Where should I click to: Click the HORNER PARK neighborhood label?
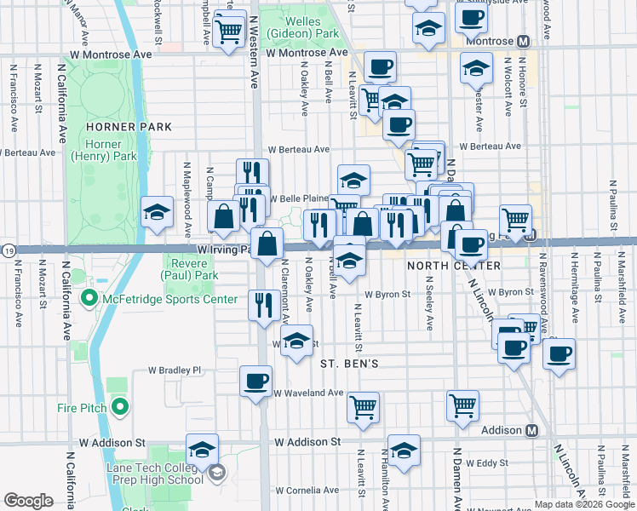(x=129, y=127)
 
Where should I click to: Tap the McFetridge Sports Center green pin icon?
(x=88, y=299)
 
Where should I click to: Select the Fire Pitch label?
(x=82, y=408)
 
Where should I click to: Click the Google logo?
(x=28, y=501)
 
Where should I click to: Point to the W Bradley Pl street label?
(x=174, y=370)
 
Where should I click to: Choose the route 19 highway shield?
(x=7, y=250)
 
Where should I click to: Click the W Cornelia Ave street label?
(x=308, y=491)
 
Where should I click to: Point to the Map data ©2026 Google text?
(x=582, y=504)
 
